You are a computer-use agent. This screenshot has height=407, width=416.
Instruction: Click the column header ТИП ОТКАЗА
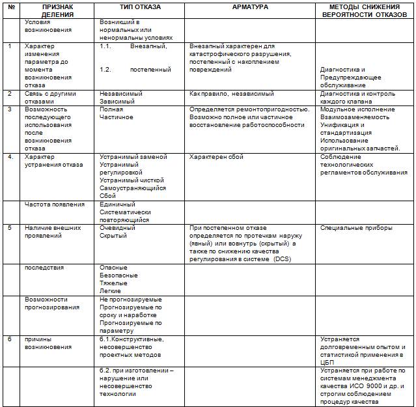coord(140,7)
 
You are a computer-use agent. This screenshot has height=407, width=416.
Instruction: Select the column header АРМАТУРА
coord(251,7)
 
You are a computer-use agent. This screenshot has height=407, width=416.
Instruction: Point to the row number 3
coord(10,109)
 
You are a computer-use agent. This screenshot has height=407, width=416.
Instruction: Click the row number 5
coord(10,228)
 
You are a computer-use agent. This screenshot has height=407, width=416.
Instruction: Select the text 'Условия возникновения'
coord(48,26)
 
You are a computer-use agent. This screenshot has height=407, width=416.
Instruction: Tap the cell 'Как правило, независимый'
coord(231,94)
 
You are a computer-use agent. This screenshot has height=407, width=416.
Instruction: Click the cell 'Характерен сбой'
coord(216,157)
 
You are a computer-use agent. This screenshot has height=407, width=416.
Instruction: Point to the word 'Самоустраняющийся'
coord(133,188)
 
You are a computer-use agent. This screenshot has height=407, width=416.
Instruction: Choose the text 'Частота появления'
coord(55,204)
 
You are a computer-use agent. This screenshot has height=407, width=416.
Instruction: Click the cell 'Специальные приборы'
coord(356,228)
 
